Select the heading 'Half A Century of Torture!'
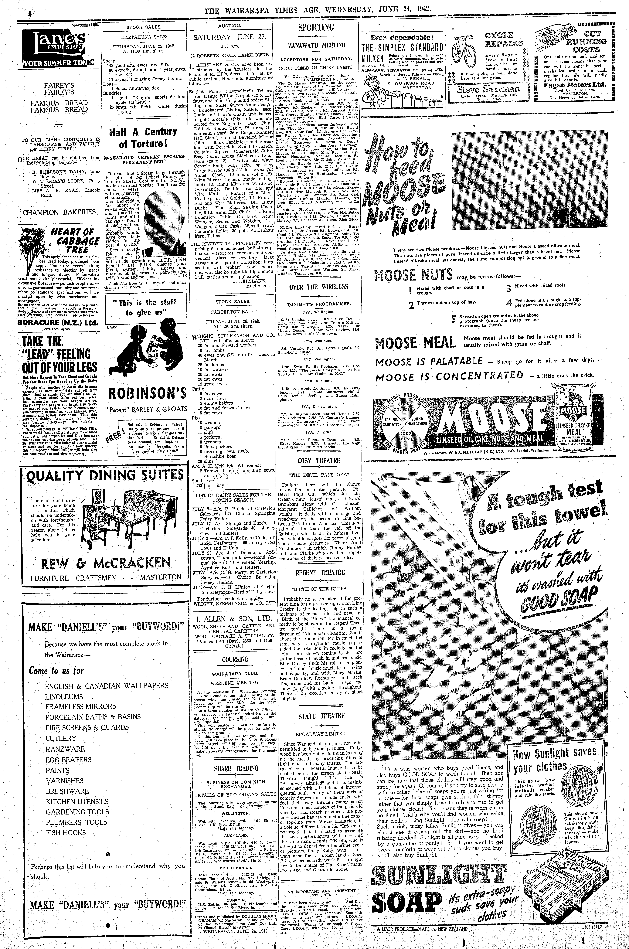tap(143, 137)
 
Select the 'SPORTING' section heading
tap(316, 28)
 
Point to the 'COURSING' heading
tap(236, 659)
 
